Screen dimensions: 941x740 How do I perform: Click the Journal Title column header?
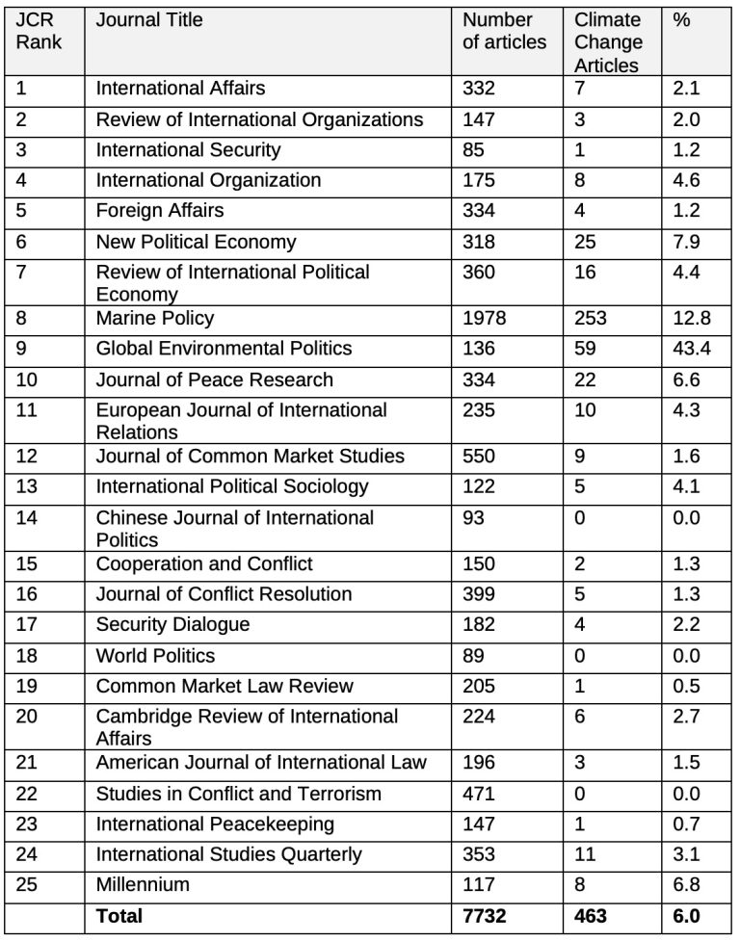[x=149, y=19]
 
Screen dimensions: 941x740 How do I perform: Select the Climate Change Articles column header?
[x=608, y=42]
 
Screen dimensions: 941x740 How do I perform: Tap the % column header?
[x=682, y=19]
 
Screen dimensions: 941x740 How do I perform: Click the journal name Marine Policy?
[x=155, y=318]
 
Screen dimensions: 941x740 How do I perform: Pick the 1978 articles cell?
[x=484, y=318]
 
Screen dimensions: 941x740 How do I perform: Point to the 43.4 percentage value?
[x=691, y=349]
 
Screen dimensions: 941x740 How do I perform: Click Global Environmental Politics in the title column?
[x=224, y=349]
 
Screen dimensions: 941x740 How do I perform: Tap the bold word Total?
[x=119, y=915]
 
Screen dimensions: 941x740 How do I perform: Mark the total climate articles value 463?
[x=591, y=915]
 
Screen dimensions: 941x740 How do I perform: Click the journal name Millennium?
[x=143, y=884]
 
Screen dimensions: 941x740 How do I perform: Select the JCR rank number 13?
[x=26, y=486]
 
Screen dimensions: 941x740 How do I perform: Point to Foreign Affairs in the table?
[x=159, y=210]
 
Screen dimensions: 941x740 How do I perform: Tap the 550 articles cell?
[x=479, y=456]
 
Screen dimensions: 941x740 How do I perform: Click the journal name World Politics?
[x=155, y=656]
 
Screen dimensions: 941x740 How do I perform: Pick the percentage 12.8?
[x=691, y=318]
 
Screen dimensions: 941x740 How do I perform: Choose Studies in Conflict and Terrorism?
[x=238, y=794]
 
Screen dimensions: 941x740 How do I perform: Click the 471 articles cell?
[x=479, y=794]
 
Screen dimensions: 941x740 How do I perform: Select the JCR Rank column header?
[x=39, y=31]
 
